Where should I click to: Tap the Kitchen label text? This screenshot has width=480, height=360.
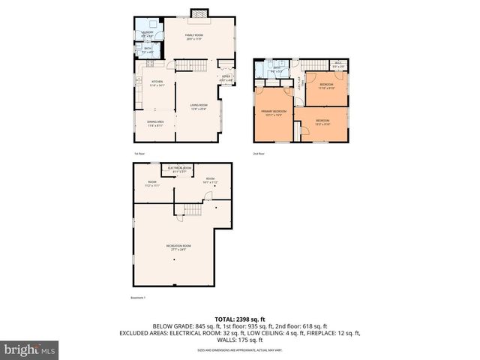point(157,82)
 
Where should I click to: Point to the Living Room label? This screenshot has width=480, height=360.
point(198,106)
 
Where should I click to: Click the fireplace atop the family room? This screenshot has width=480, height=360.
point(197,13)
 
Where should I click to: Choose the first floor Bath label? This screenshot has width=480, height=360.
point(147,51)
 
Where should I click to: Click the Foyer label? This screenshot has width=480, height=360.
point(225,78)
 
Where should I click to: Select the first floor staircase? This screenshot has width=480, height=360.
point(191,68)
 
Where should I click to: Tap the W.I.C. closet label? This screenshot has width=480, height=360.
point(338,65)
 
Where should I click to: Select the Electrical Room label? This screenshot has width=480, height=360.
point(181,168)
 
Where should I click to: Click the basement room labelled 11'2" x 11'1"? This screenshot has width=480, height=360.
point(152,183)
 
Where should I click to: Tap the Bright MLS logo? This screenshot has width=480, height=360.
point(30,349)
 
